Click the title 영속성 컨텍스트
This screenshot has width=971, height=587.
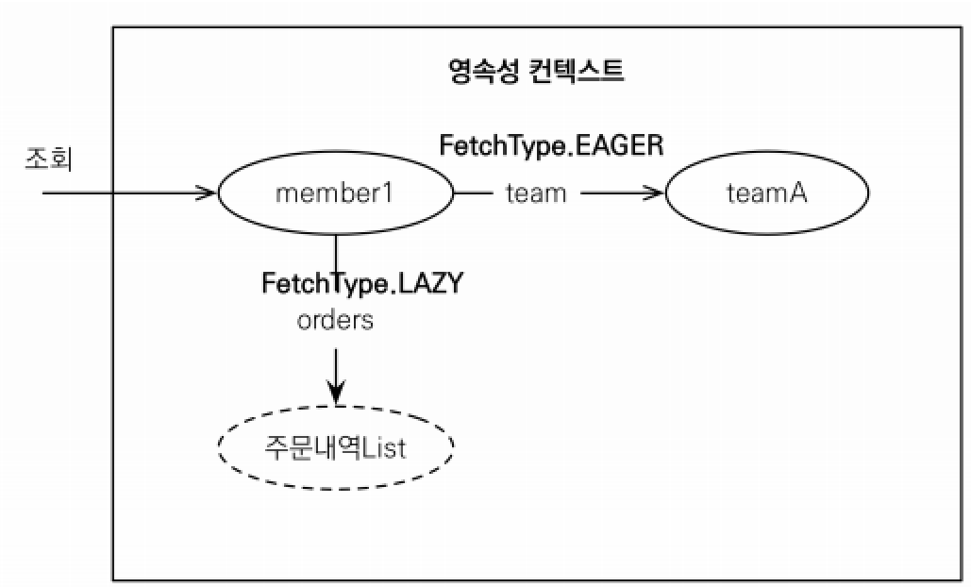click(535, 71)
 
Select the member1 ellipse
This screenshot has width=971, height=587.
click(335, 194)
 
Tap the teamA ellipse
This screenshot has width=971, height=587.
click(767, 194)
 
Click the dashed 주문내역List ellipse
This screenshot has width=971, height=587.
click(336, 445)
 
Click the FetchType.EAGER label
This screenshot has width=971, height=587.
click(552, 146)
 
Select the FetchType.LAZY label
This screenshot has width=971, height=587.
click(362, 282)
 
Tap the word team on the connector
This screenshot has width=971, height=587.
click(536, 193)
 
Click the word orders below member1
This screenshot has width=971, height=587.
click(335, 320)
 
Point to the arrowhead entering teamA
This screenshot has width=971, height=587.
click(655, 193)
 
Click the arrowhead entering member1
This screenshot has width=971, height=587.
click(208, 193)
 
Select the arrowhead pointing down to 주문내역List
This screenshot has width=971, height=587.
click(336, 391)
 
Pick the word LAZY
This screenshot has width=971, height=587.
click(428, 282)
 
